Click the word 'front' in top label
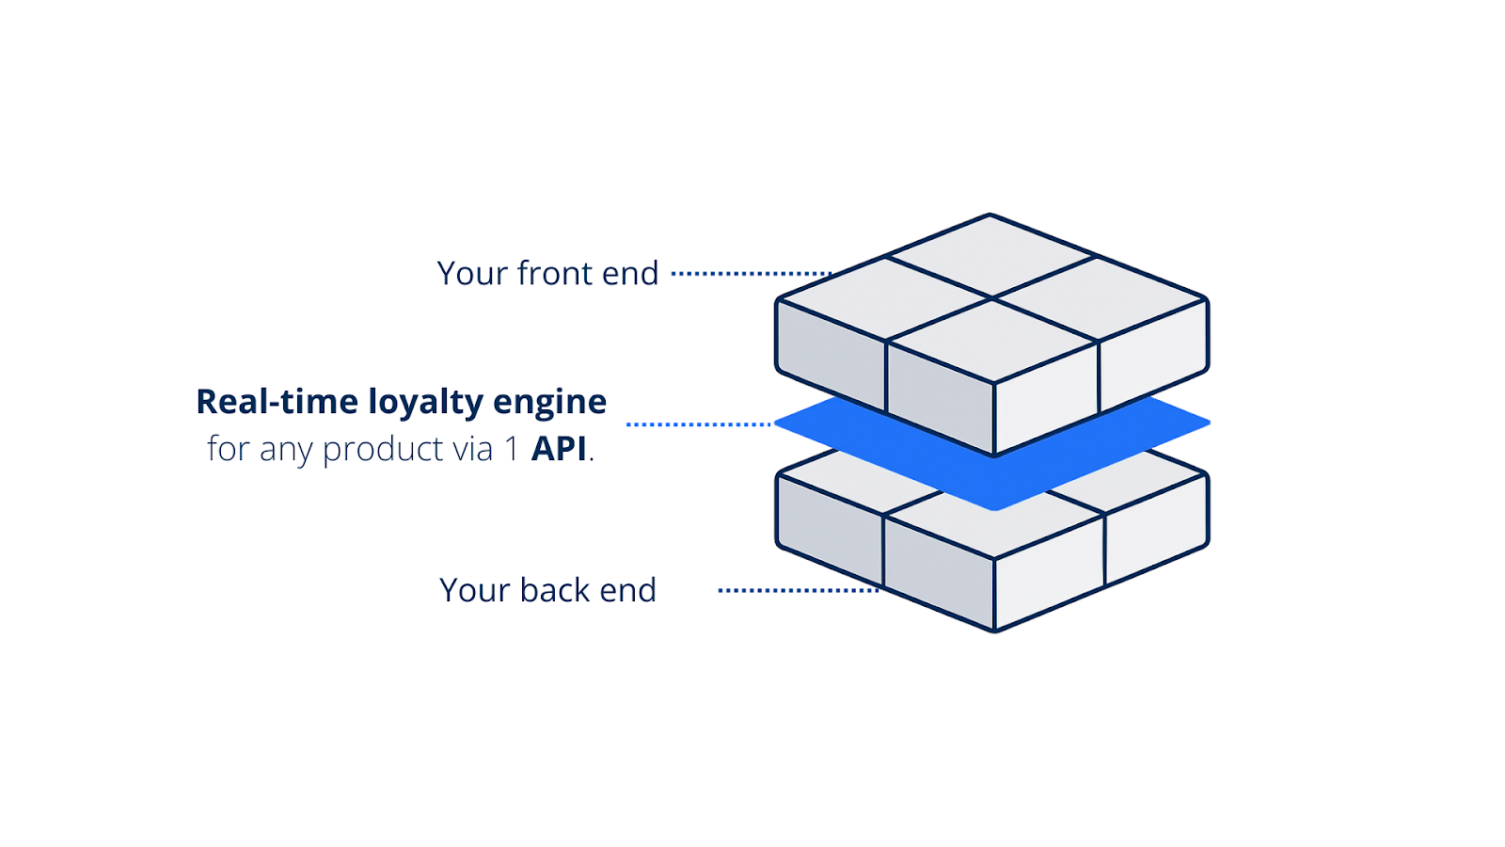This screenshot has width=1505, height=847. [554, 274]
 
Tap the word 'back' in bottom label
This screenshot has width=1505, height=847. [554, 591]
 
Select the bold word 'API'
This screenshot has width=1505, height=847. [559, 449]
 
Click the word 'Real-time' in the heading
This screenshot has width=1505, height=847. [277, 402]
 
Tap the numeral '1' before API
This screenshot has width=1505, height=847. [512, 449]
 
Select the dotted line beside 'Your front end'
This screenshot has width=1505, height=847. [751, 274]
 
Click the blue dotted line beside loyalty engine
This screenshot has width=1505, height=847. [698, 424]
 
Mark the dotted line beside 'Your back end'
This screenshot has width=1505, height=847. [798, 591]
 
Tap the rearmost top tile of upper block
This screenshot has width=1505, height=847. [990, 254]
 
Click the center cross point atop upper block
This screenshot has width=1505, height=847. [992, 298]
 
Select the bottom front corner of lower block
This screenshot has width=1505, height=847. [994, 630]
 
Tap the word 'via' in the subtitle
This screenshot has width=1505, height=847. [472, 449]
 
